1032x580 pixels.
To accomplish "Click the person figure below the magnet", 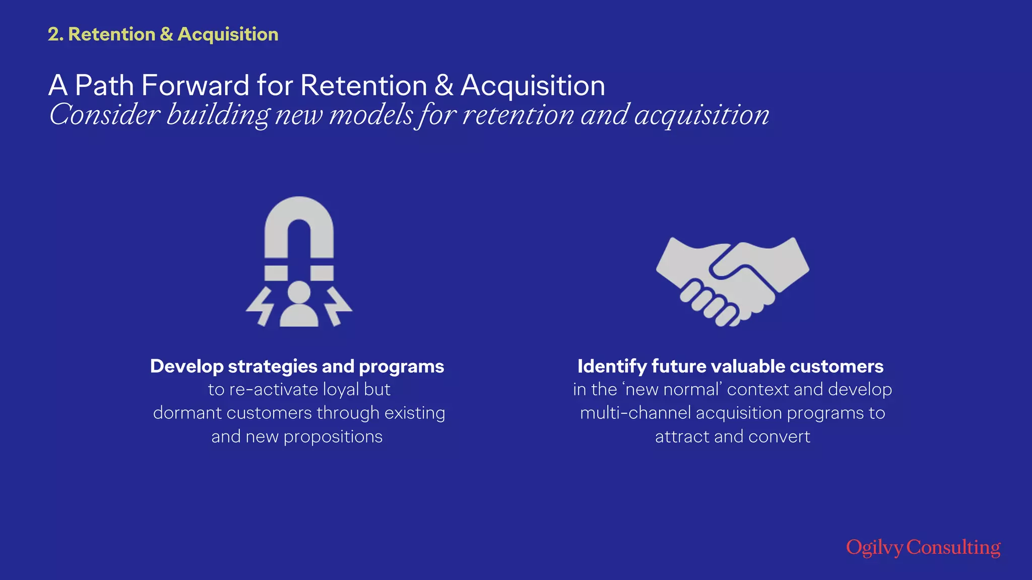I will [x=299, y=305].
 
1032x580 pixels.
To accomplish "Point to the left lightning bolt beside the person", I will [x=260, y=307].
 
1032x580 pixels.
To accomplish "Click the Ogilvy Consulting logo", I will [x=923, y=547].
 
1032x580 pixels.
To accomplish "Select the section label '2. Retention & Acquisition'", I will [x=163, y=34].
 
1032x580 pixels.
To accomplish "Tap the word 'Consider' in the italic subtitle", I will [x=104, y=115].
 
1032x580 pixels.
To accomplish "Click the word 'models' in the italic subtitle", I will [x=371, y=115].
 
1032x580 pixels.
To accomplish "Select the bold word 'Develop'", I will [x=186, y=367].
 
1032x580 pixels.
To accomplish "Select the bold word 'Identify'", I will [x=612, y=367].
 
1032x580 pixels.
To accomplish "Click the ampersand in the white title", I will [x=443, y=85].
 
